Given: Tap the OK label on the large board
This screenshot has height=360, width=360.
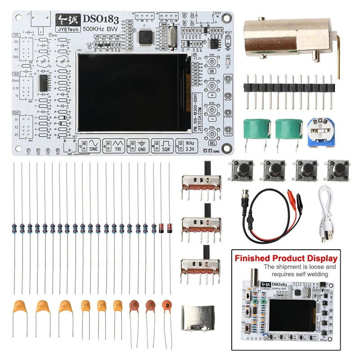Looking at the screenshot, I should (x=212, y=71).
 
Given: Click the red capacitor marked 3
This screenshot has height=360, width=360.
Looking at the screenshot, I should (x=167, y=306).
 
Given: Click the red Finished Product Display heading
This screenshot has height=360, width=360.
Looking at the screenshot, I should (x=286, y=258).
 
